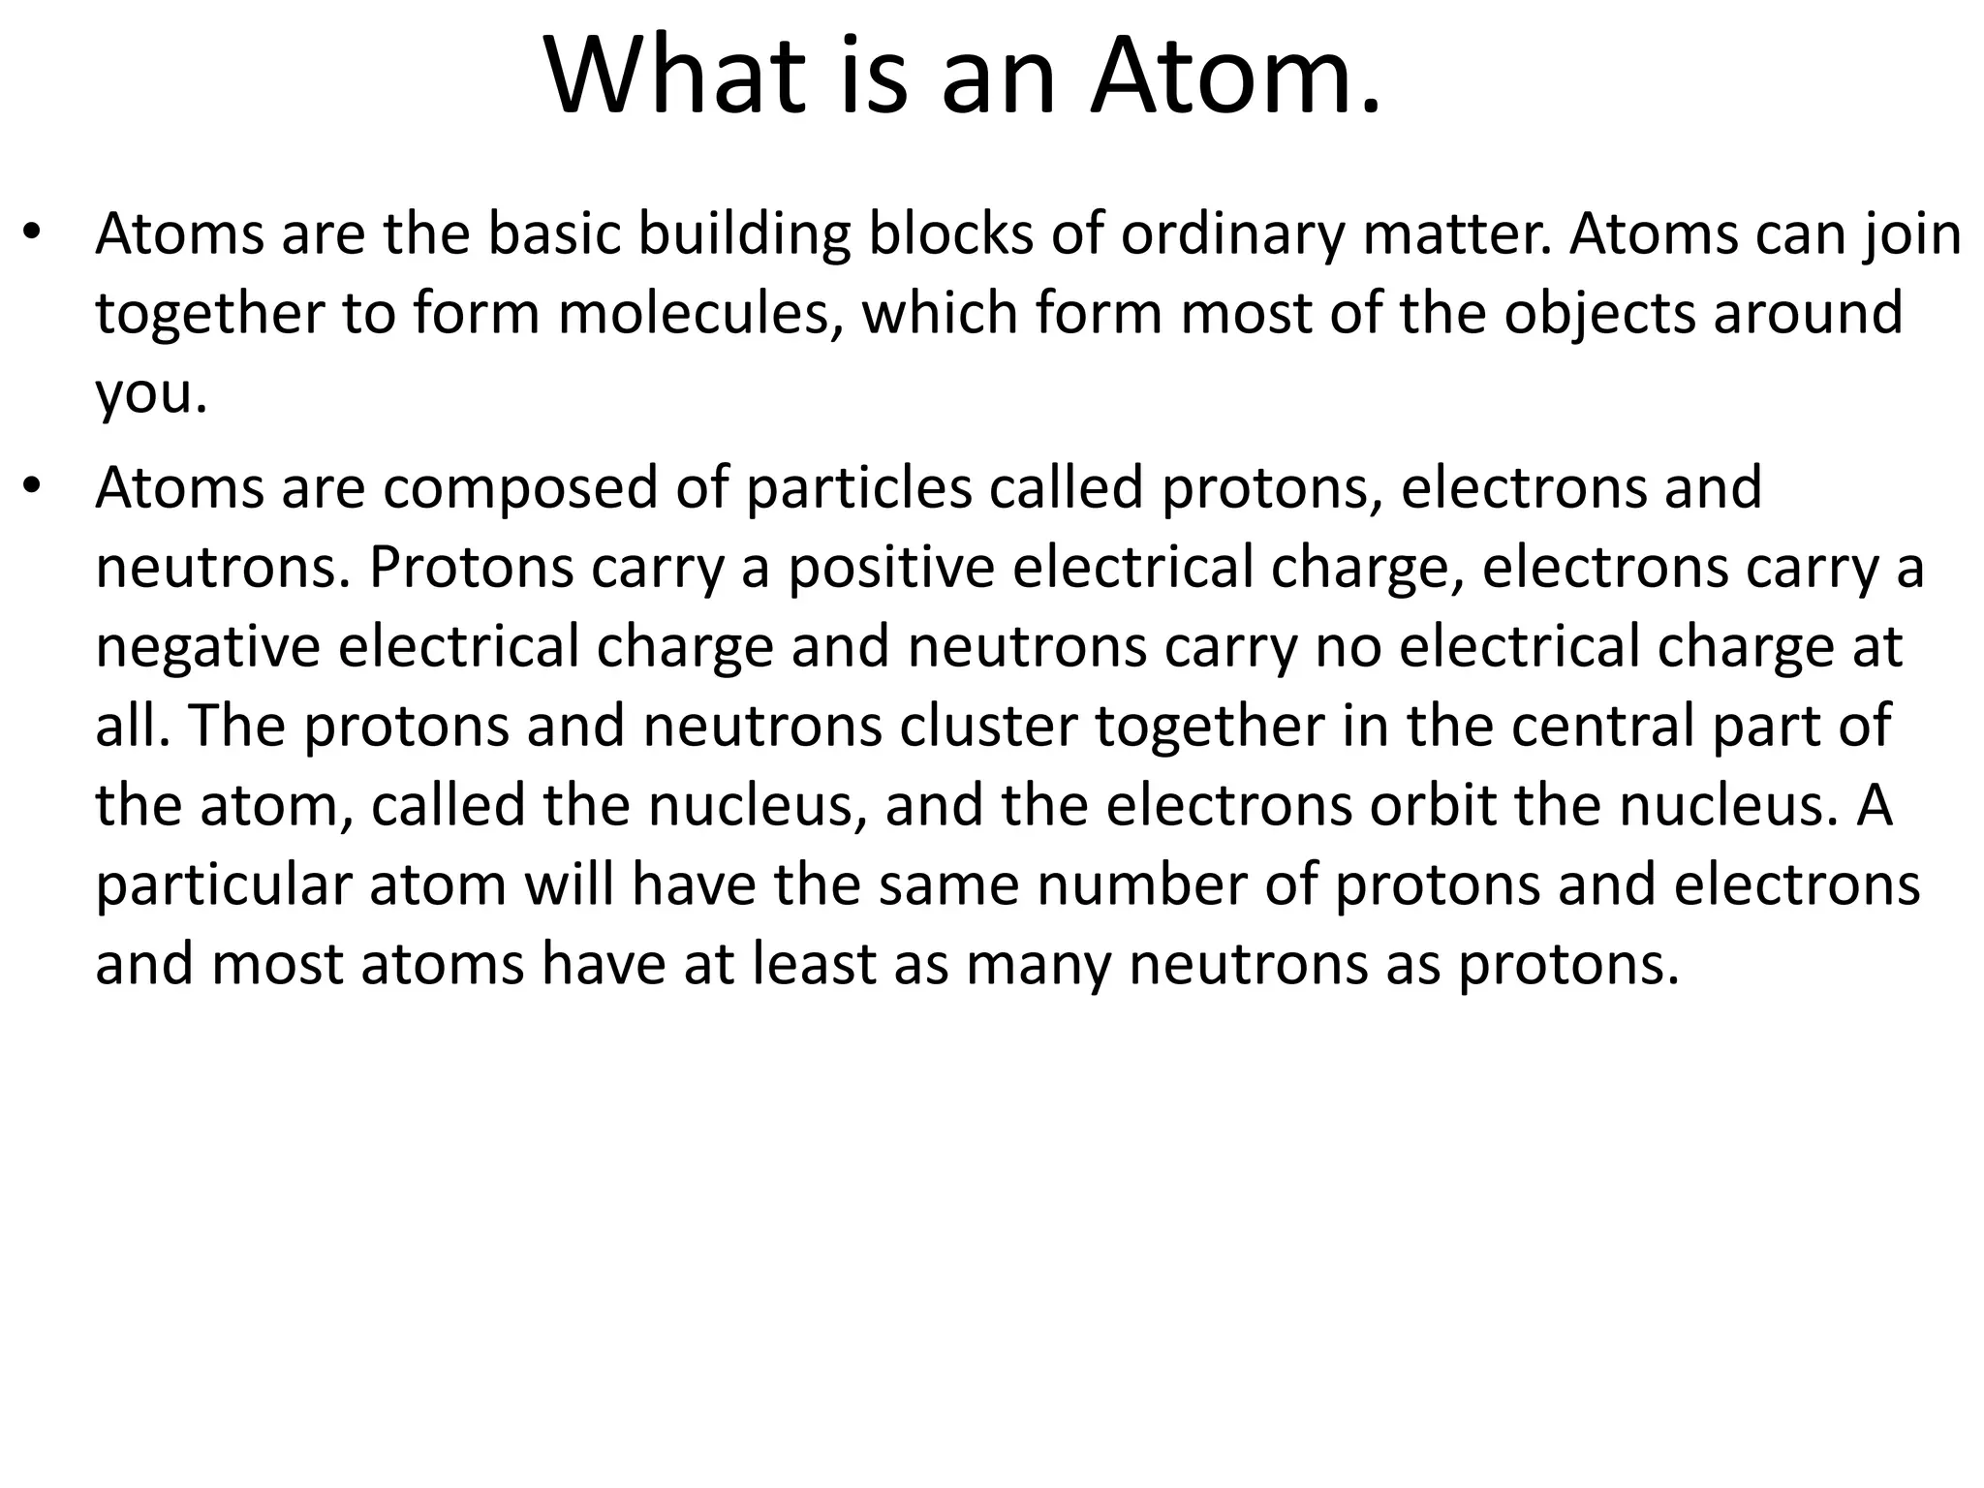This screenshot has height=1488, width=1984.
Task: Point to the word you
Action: pyautogui.click(x=151, y=395)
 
